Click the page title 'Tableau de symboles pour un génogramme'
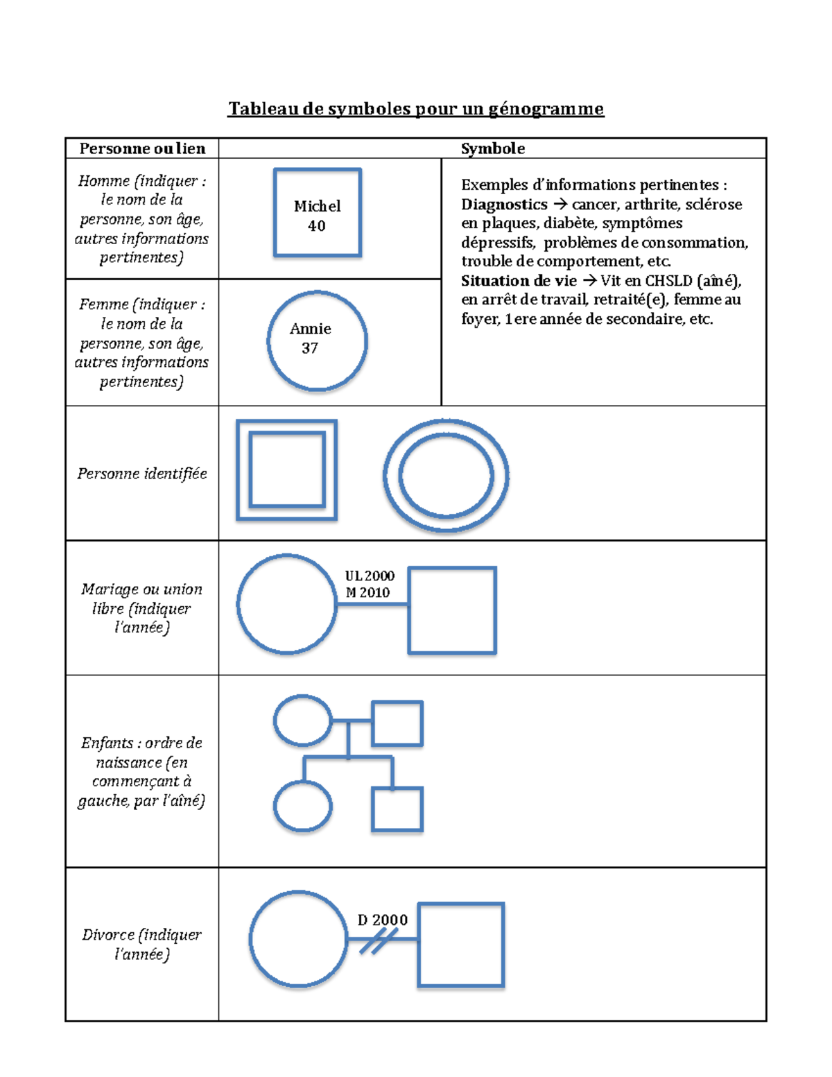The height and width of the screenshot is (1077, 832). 416,109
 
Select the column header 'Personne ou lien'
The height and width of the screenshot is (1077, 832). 142,148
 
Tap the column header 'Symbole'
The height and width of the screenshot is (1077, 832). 492,148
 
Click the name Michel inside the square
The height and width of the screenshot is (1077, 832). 317,206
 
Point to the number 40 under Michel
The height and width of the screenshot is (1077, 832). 316,225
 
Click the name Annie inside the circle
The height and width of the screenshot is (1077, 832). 310,329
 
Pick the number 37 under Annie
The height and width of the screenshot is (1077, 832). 309,348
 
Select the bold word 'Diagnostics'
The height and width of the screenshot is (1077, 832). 504,205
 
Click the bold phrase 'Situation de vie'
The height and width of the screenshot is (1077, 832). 519,281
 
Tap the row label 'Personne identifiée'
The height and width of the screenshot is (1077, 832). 142,474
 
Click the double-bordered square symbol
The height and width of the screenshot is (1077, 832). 286,469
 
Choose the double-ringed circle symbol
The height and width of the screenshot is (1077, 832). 446,476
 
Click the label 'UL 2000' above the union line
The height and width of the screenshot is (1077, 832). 370,576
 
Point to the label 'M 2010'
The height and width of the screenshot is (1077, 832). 367,592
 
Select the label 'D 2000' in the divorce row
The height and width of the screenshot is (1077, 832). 382,920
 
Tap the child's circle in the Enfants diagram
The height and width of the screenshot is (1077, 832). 303,807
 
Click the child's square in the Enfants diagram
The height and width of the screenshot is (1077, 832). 397,809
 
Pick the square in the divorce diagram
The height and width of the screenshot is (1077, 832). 460,945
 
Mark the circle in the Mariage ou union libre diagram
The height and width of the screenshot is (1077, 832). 286,604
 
